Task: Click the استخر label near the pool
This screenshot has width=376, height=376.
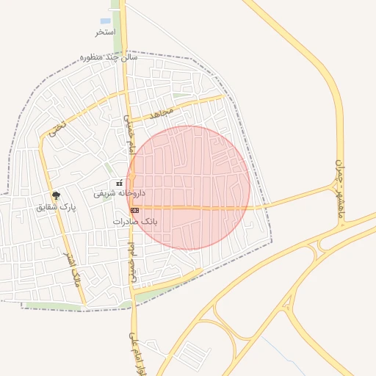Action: click(x=105, y=32)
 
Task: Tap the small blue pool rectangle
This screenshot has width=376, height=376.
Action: click(x=105, y=21)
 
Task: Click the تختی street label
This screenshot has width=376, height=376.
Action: click(x=57, y=129)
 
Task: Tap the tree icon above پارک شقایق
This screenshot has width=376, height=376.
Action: click(x=56, y=195)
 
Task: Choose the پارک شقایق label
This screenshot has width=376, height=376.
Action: click(x=56, y=207)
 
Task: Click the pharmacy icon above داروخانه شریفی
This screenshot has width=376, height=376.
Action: click(x=119, y=183)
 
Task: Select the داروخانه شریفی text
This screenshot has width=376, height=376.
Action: click(x=119, y=194)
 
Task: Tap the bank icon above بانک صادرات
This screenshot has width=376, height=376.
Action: click(x=134, y=211)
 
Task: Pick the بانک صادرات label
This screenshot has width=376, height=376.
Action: click(x=136, y=221)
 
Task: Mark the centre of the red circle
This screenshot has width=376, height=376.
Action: click(x=188, y=188)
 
